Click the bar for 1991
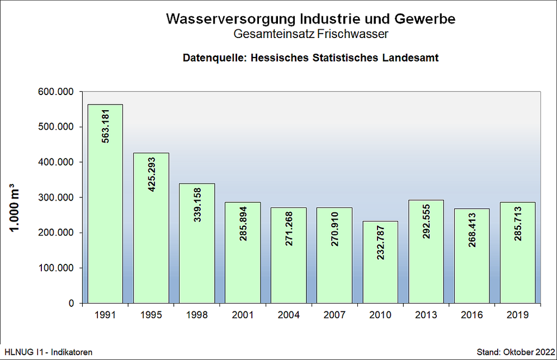pos(105,203)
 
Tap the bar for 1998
pos(197,243)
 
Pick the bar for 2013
pos(426,252)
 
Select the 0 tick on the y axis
pos(71,303)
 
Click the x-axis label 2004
pos(289,315)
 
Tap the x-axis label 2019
pos(518,315)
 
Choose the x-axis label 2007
pos(334,315)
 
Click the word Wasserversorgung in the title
pos(229,19)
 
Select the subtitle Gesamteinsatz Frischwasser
pos(310,35)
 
